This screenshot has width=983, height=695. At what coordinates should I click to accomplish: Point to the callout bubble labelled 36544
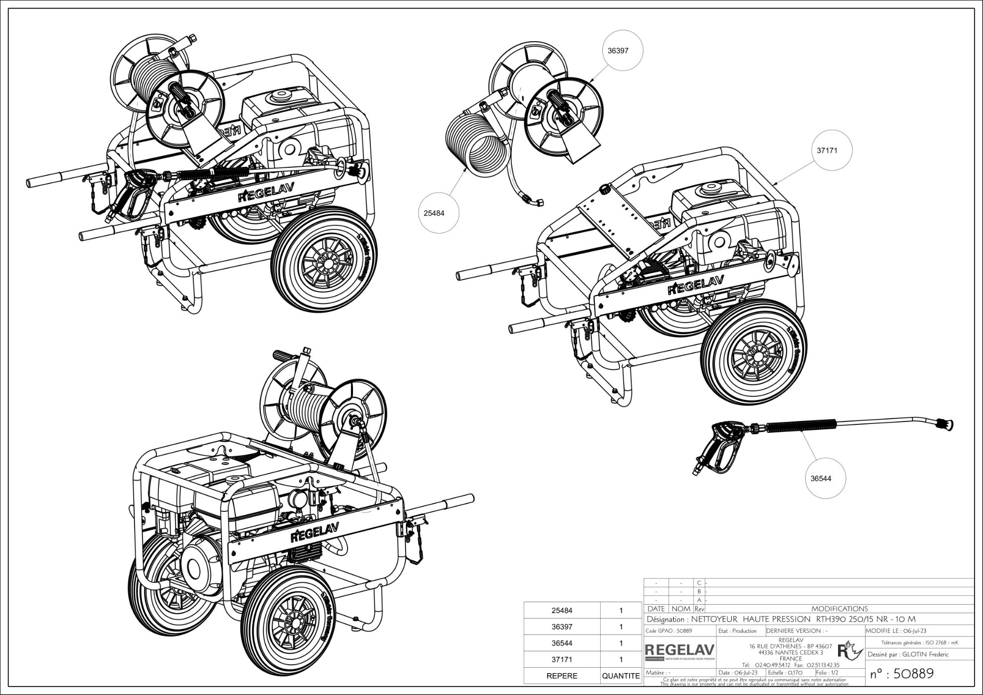coord(821,479)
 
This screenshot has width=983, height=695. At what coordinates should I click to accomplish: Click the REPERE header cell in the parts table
coord(562,676)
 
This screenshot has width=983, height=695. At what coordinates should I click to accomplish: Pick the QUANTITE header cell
coord(621,676)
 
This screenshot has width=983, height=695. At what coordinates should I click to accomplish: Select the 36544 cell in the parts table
coord(562,643)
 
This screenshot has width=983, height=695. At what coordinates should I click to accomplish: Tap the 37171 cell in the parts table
coord(562,659)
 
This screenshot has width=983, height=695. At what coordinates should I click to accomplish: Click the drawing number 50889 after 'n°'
coord(913,673)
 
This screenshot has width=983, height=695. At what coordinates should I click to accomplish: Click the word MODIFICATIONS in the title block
coord(840,609)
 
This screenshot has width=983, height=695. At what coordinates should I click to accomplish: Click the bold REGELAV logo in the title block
coord(679,649)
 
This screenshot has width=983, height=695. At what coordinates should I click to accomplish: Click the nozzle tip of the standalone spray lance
coord(945,424)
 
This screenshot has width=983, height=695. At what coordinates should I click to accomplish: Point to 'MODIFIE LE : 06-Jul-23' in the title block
coord(897,631)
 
